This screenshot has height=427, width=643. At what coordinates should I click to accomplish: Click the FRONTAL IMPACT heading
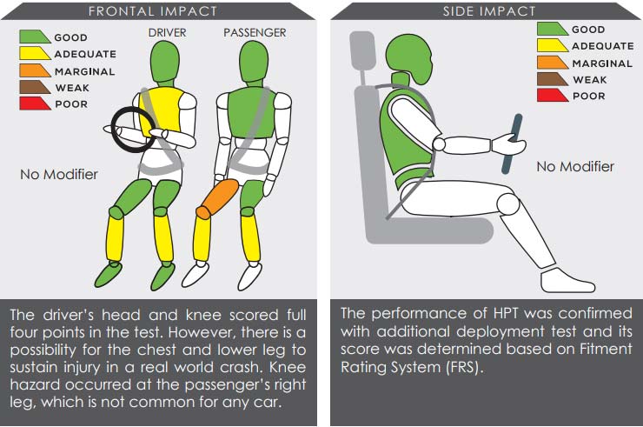[153, 11]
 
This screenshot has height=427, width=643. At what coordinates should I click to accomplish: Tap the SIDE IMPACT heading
[489, 11]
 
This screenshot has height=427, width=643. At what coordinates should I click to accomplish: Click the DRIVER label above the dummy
[168, 32]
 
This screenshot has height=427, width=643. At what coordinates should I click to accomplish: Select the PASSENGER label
[255, 32]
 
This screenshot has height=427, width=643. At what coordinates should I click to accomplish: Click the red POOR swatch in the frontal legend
[35, 103]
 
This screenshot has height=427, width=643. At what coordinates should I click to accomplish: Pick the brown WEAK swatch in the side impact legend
[552, 79]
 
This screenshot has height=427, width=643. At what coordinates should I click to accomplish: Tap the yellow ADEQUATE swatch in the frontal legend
[35, 53]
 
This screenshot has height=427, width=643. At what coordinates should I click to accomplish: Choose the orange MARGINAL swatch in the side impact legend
[552, 63]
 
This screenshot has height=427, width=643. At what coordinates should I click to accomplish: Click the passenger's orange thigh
[217, 199]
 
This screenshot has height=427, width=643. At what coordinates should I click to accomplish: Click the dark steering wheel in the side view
[512, 143]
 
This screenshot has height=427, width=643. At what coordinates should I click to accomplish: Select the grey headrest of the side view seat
[362, 50]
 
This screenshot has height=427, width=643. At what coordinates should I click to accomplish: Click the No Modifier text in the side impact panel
[575, 166]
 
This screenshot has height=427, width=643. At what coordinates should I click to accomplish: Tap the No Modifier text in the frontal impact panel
[58, 174]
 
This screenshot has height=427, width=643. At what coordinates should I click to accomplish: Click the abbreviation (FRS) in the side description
[463, 367]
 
